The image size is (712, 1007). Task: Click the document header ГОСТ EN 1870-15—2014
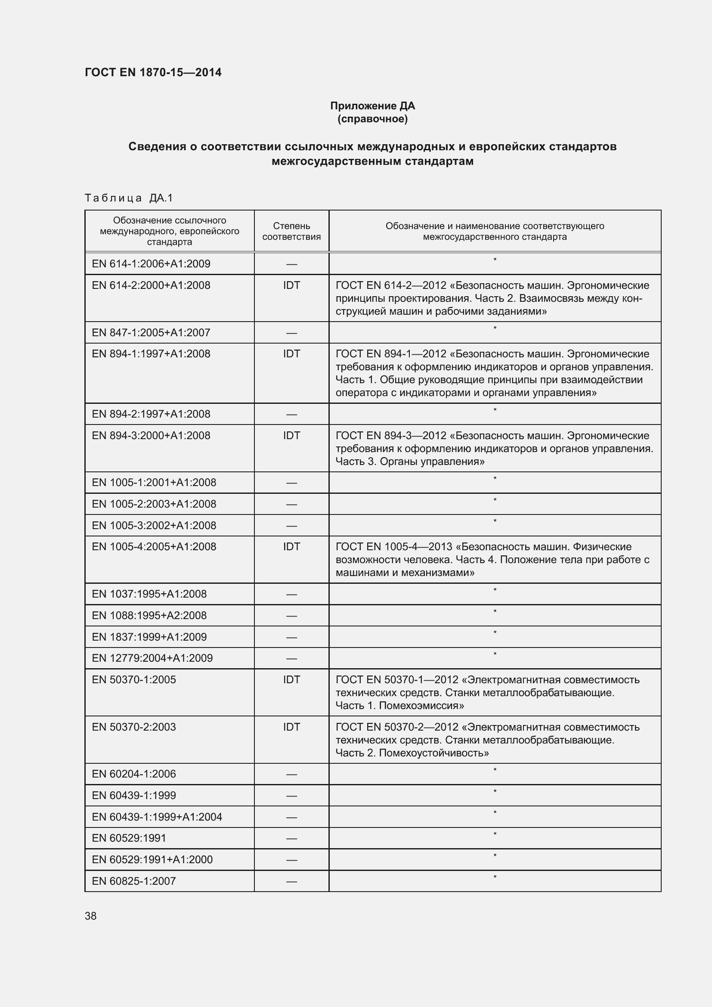pyautogui.click(x=153, y=72)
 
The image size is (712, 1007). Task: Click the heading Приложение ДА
pyautogui.click(x=372, y=106)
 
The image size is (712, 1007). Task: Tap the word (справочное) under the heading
pyautogui.click(x=372, y=119)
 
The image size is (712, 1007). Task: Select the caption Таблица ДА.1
pyautogui.click(x=129, y=198)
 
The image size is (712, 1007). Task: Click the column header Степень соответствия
pyautogui.click(x=291, y=231)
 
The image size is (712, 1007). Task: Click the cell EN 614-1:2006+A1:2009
pyautogui.click(x=151, y=263)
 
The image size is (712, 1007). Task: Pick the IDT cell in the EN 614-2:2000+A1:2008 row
pyautogui.click(x=291, y=285)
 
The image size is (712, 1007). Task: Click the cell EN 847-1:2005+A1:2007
pyautogui.click(x=151, y=332)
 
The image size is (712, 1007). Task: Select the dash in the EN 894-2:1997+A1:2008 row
pyautogui.click(x=291, y=415)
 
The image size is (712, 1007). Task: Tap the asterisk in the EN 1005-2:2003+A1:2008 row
pyautogui.click(x=495, y=500)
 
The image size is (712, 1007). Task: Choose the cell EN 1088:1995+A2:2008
pyautogui.click(x=149, y=615)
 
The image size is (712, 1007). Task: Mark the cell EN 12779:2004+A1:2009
pyautogui.click(x=152, y=658)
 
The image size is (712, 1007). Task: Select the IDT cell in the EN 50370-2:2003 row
pyautogui.click(x=291, y=727)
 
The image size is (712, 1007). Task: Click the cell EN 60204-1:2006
pyautogui.click(x=134, y=774)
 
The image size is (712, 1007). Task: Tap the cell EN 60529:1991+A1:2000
pyautogui.click(x=152, y=859)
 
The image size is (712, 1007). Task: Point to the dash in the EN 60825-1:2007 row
pyautogui.click(x=291, y=882)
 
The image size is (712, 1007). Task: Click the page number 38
pyautogui.click(x=91, y=916)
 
